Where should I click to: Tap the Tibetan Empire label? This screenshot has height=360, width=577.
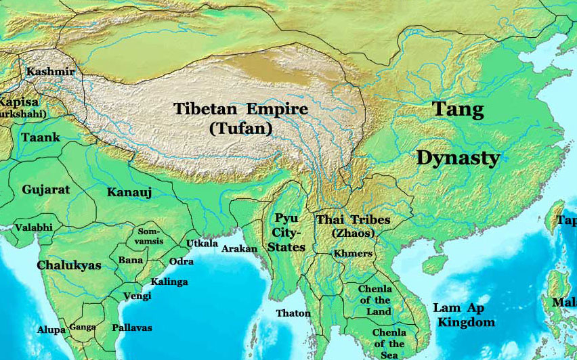pyautogui.click(x=240, y=110)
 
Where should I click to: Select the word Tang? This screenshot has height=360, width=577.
pyautogui.click(x=458, y=109)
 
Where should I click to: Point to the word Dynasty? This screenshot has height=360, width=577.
pyautogui.click(x=458, y=158)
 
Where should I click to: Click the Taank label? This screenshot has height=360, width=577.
pyautogui.click(x=41, y=137)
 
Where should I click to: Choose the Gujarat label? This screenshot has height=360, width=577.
pyautogui.click(x=46, y=189)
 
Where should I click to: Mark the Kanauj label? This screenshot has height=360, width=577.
pyautogui.click(x=129, y=193)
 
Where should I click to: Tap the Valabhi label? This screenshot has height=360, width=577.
pyautogui.click(x=34, y=227)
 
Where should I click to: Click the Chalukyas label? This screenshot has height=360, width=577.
pyautogui.click(x=69, y=265)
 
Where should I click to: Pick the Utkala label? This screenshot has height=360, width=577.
pyautogui.click(x=202, y=244)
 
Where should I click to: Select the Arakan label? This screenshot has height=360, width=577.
pyautogui.click(x=240, y=249)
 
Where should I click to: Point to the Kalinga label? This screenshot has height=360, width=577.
pyautogui.click(x=169, y=282)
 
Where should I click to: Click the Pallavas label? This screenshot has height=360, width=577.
pyautogui.click(x=131, y=328)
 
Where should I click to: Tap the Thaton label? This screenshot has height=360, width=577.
pyautogui.click(x=293, y=313)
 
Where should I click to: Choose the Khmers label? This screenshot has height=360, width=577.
pyautogui.click(x=353, y=253)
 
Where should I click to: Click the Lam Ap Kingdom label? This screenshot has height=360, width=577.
pyautogui.click(x=466, y=315)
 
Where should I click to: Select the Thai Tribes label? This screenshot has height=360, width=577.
pyautogui.click(x=353, y=220)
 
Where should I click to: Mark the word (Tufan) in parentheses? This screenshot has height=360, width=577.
pyautogui.click(x=240, y=128)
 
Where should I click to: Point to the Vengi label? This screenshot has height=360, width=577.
pyautogui.click(x=137, y=296)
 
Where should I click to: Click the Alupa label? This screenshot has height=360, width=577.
pyautogui.click(x=51, y=330)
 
